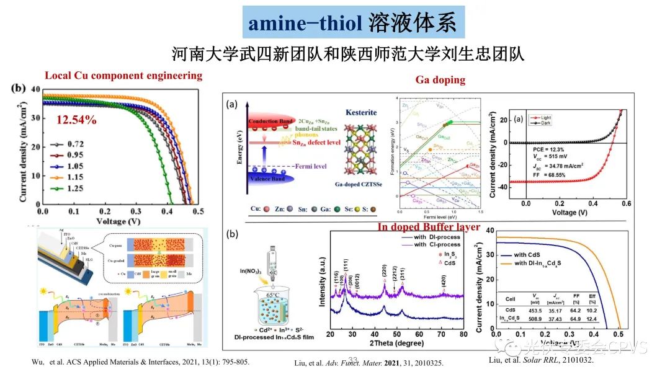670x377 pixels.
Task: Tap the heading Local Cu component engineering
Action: click(123, 76)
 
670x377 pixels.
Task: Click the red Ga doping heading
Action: click(440, 80)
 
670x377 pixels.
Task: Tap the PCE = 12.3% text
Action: click(540, 149)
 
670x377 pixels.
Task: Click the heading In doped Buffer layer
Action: click(429, 227)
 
